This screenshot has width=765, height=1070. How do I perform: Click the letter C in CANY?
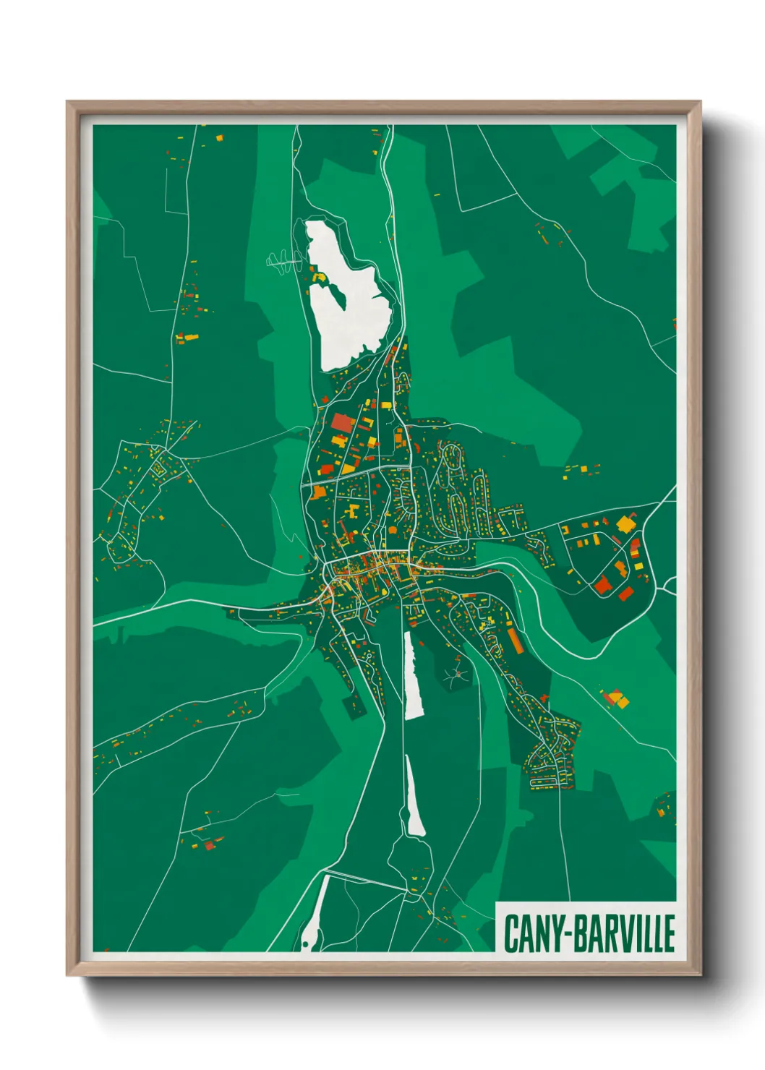512,933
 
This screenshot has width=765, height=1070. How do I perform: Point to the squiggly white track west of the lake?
284,260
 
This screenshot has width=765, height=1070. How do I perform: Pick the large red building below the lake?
341,423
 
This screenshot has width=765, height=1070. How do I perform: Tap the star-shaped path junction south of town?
456,675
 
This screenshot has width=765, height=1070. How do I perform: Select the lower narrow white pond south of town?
414,799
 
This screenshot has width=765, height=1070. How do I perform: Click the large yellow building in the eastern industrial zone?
625,523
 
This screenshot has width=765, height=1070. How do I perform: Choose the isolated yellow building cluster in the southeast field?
616,698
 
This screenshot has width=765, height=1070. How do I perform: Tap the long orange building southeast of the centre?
516,641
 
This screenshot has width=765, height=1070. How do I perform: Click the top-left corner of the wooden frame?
69,103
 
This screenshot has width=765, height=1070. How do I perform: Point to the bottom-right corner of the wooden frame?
699,974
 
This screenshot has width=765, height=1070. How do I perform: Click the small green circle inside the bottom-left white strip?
305,944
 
